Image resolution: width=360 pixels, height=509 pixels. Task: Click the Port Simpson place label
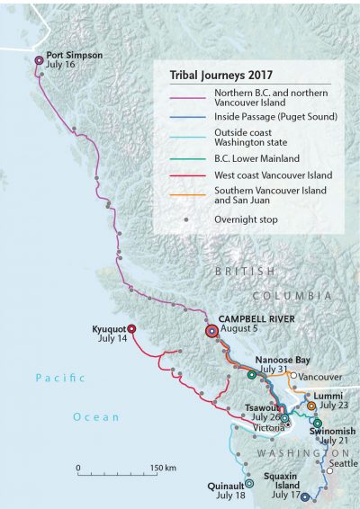click(x=75, y=55)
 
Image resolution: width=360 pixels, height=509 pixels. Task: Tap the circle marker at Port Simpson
click(x=39, y=61)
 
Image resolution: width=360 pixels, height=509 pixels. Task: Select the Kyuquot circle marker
click(x=131, y=329)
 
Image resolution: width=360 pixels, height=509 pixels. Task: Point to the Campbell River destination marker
click(x=211, y=330)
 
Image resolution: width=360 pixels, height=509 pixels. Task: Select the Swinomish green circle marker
click(x=317, y=423)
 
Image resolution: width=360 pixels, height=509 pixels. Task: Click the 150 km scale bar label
click(x=163, y=469)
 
